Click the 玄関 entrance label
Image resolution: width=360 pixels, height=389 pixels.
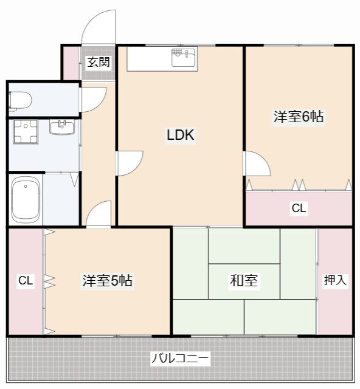(98, 61)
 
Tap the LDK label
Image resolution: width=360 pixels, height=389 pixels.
(181, 135)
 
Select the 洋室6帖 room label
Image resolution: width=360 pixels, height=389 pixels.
(298, 117)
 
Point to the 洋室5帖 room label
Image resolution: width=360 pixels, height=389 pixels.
(108, 281)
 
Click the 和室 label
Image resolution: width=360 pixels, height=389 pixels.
(244, 281)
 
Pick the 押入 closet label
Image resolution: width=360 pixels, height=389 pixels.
(335, 280)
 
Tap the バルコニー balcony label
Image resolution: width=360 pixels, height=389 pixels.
(180, 359)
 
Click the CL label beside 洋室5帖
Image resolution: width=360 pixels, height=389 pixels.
(25, 281)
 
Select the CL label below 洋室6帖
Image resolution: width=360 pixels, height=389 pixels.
(299, 208)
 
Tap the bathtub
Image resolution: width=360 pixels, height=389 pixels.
(26, 201)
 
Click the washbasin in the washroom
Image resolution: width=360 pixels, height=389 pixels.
(61, 128)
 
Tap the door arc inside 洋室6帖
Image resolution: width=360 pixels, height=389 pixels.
(255, 165)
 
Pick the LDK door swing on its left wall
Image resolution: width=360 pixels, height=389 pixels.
(130, 163)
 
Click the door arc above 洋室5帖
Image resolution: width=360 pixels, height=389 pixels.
(99, 213)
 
